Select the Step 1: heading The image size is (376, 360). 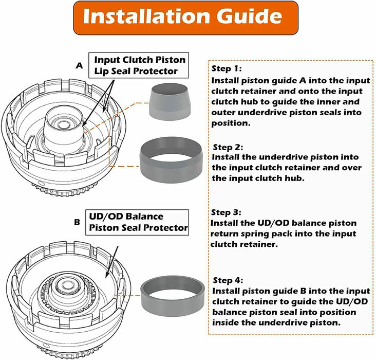tap(226, 68)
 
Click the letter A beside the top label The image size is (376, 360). tap(79, 66)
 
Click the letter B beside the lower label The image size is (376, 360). tap(77, 222)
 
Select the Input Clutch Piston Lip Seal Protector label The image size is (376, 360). tap(139, 65)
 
